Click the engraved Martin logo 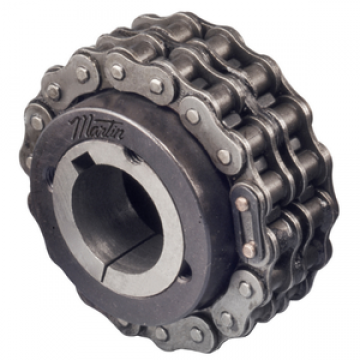click(x=97, y=127)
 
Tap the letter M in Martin click(x=79, y=124)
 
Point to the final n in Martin click(x=118, y=134)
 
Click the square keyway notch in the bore click(x=83, y=161)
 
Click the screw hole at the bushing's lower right click(x=185, y=272)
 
